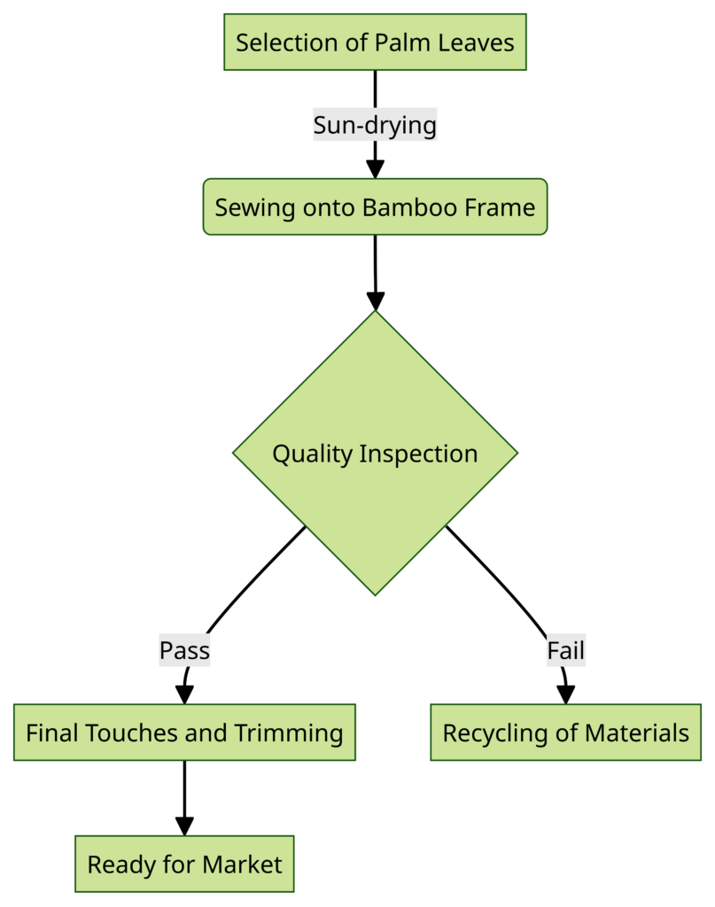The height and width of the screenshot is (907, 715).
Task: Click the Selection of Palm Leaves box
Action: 375,42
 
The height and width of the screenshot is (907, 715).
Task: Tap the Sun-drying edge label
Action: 375,126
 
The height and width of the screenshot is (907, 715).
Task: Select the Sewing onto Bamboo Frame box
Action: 375,207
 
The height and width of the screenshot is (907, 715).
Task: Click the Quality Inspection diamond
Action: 375,453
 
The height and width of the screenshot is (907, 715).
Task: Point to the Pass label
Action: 184,651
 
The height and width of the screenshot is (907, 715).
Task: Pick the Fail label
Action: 565,651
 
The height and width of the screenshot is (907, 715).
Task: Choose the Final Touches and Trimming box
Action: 184,733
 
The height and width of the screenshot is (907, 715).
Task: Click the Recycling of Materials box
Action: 565,733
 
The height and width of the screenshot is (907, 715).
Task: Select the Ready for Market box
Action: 184,864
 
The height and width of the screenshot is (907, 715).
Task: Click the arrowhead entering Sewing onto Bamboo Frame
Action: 375,170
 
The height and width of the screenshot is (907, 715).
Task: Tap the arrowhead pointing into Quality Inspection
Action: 375,301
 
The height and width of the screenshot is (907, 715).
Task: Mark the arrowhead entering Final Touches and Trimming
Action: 184,695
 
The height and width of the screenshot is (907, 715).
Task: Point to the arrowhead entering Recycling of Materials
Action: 565,695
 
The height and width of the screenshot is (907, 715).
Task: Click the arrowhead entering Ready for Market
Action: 184,826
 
